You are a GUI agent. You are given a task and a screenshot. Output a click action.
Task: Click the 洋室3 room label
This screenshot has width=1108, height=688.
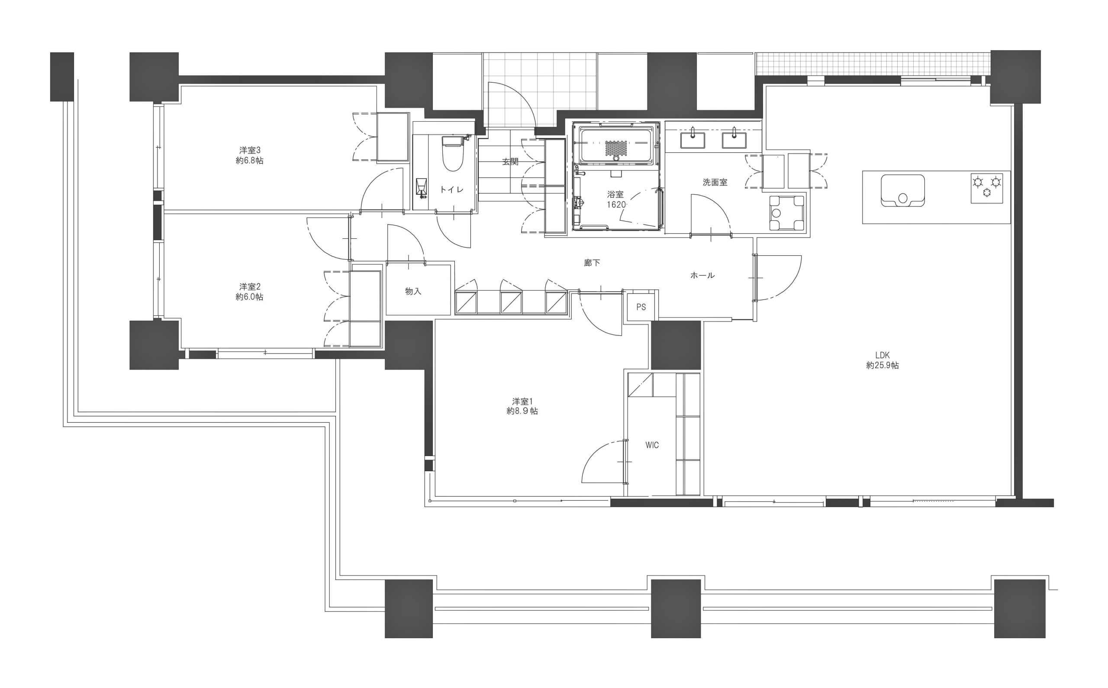click(250, 150)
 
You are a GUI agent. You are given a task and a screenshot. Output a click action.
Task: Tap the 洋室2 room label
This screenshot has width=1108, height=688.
click(250, 286)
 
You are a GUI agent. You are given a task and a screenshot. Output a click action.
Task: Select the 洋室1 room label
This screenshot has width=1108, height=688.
click(522, 402)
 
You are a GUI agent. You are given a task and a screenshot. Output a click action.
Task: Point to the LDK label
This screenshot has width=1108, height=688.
click(883, 355)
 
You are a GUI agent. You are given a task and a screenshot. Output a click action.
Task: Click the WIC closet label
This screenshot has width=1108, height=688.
click(652, 445)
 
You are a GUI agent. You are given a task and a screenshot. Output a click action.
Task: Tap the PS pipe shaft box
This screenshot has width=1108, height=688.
click(641, 307)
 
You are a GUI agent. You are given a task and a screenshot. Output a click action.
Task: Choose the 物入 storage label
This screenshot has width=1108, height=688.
click(413, 291)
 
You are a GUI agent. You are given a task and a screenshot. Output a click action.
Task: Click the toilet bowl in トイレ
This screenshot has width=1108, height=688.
click(452, 153)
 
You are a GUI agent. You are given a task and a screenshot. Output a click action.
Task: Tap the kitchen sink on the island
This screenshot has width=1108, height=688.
click(903, 191)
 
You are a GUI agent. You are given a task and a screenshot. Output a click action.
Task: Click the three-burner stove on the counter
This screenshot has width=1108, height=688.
click(987, 188)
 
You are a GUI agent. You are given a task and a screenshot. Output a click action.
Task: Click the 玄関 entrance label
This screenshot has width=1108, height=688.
click(510, 161)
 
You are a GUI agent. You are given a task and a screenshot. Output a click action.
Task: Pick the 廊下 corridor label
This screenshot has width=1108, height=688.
click(592, 263)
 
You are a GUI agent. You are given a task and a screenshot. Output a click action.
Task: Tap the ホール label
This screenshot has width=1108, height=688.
click(702, 275)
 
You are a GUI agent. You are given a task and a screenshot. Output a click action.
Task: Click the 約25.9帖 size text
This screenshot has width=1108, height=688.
click(883, 365)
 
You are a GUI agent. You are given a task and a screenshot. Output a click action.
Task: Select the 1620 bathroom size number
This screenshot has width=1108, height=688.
click(616, 205)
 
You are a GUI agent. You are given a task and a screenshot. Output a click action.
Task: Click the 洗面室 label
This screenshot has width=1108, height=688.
click(715, 183)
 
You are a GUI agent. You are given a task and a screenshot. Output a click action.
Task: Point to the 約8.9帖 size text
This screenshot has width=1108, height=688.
click(522, 412)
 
